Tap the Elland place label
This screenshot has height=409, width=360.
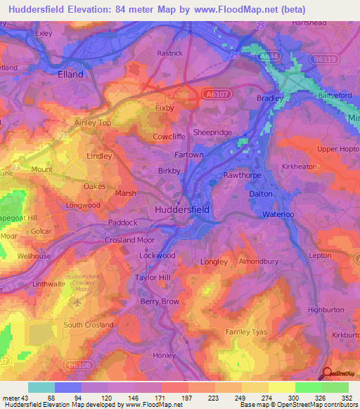(70, 74)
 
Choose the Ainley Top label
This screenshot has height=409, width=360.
(93, 122)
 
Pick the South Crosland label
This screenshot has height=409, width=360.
(89, 325)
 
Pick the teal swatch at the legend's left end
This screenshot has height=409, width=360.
(41, 387)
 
